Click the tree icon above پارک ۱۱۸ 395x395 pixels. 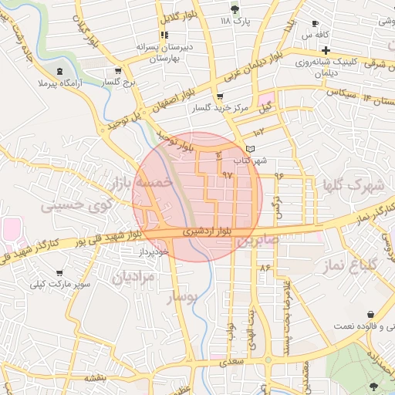[x=235, y=8]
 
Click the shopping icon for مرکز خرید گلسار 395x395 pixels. [x=221, y=97]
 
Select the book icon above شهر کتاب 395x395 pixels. [x=248, y=148]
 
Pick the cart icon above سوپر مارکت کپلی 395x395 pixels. [x=80, y=273]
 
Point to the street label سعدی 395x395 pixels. [x=231, y=361]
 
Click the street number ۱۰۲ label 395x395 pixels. [x=258, y=133]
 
